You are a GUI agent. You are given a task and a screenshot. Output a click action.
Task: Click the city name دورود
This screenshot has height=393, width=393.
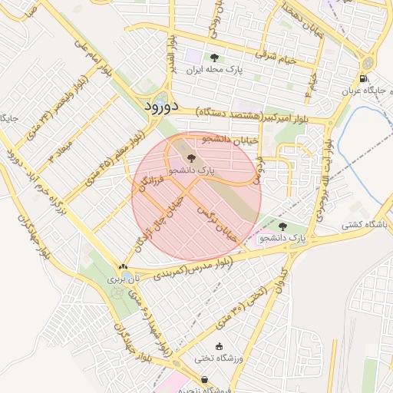(x=161, y=106)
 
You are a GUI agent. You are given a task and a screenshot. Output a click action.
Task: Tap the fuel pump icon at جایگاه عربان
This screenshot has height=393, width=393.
(x=362, y=78)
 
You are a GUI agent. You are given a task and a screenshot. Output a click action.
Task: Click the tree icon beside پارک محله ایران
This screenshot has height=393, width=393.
(x=214, y=58)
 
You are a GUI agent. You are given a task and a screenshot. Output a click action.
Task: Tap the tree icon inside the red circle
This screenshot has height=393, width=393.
(x=191, y=158)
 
